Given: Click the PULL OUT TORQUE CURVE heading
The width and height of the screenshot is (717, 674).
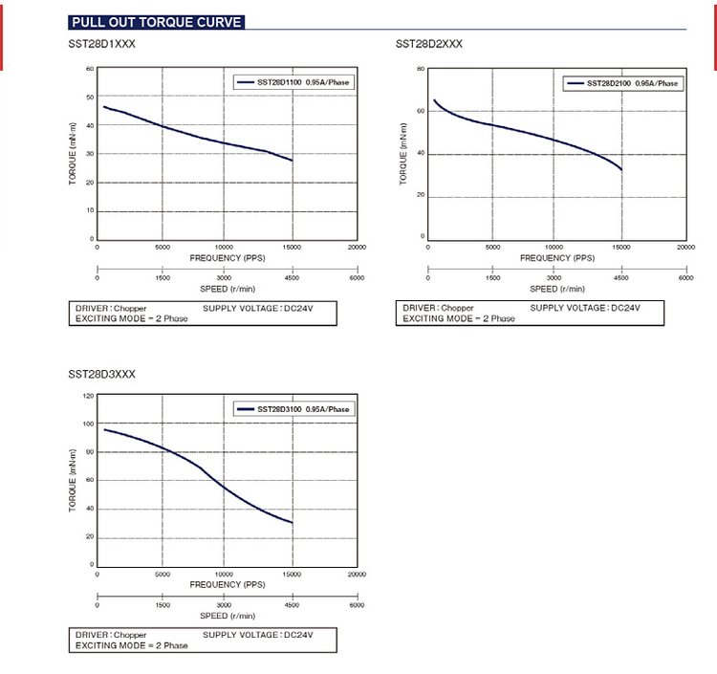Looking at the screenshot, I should pyautogui.click(x=157, y=22).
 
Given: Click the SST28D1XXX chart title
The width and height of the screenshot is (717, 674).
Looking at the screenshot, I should pyautogui.click(x=101, y=45).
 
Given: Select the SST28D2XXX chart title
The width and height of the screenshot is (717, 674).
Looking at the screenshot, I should pyautogui.click(x=429, y=45).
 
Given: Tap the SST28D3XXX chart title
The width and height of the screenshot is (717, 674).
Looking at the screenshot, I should pyautogui.click(x=101, y=374).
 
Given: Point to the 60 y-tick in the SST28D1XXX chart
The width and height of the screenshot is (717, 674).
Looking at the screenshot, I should pyautogui.click(x=90, y=69).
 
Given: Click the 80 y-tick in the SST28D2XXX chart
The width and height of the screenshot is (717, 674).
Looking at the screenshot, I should pyautogui.click(x=420, y=70).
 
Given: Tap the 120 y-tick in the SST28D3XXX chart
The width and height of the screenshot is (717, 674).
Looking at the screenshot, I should pyautogui.click(x=89, y=396).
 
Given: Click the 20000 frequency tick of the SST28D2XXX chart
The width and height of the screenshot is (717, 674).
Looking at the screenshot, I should pyautogui.click(x=685, y=248).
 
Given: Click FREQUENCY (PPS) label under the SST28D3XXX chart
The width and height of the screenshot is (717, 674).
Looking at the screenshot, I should pyautogui.click(x=228, y=584).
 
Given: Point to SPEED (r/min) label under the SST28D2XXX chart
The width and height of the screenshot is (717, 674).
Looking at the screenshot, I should pyautogui.click(x=557, y=289).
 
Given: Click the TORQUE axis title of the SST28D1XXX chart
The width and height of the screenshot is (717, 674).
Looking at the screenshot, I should pyautogui.click(x=73, y=155).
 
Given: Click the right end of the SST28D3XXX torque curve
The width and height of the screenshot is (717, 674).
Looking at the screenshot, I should pyautogui.click(x=293, y=523).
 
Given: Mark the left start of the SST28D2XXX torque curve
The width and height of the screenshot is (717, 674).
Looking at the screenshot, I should pyautogui.click(x=433, y=99).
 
